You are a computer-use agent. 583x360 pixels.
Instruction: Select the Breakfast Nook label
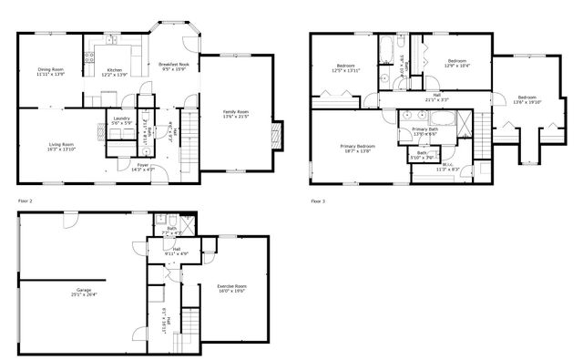pyautogui.click(x=172, y=63)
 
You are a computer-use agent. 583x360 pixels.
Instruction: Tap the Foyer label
pyautogui.click(x=143, y=165)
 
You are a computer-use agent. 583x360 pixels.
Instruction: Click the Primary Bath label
pyautogui.click(x=424, y=129)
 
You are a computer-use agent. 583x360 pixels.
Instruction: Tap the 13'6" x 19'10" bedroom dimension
pyautogui.click(x=527, y=102)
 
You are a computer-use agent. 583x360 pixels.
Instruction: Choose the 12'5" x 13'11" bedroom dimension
pyautogui.click(x=346, y=70)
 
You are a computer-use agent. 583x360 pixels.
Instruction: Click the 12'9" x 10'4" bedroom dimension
pyautogui.click(x=455, y=66)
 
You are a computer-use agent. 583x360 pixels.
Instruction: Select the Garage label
pyautogui.click(x=83, y=289)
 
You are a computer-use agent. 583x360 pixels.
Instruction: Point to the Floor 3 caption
pyautogui.click(x=317, y=200)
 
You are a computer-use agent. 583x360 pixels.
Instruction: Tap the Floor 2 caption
pyautogui.click(x=25, y=200)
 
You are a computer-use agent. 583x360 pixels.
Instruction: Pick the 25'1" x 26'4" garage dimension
pyautogui.click(x=83, y=294)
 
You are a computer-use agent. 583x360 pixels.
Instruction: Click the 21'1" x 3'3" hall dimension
pyautogui.click(x=437, y=99)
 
